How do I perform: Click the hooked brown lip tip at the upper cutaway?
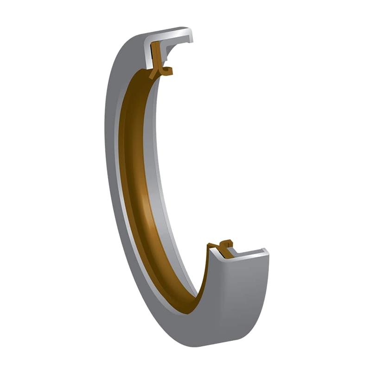tap(168, 71)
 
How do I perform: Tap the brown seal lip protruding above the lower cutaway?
tap(226, 243)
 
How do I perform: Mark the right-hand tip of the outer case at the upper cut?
tap(190, 36)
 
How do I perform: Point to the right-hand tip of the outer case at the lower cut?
tap(266, 253)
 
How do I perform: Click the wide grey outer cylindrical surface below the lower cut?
tap(237, 297)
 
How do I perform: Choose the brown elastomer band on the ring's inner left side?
tap(132, 185)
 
